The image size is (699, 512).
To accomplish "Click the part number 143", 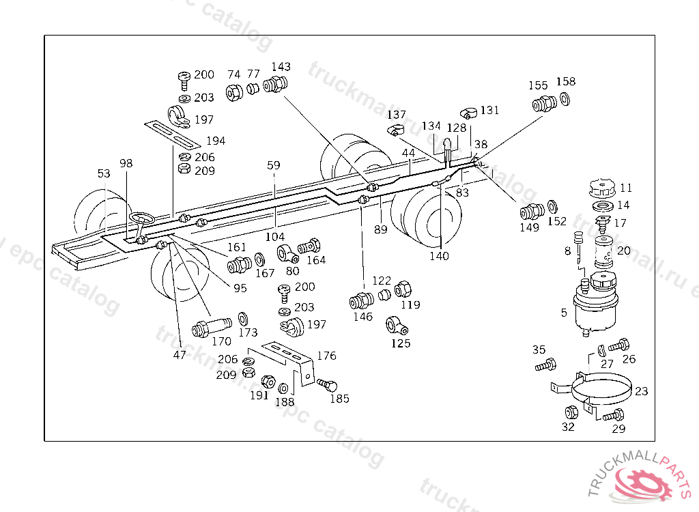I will [x=281, y=67].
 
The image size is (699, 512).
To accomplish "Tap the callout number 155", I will [x=539, y=86].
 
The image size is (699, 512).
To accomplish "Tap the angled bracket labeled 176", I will [x=287, y=358].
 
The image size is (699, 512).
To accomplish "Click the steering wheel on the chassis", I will [x=143, y=219].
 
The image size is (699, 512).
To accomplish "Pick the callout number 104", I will [x=275, y=237].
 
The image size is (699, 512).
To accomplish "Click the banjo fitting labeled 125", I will [x=397, y=324].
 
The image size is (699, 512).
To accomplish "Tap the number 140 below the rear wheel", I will [x=440, y=256].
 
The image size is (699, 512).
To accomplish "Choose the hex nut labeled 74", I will [x=234, y=91].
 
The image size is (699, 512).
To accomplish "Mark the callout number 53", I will [x=103, y=174].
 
